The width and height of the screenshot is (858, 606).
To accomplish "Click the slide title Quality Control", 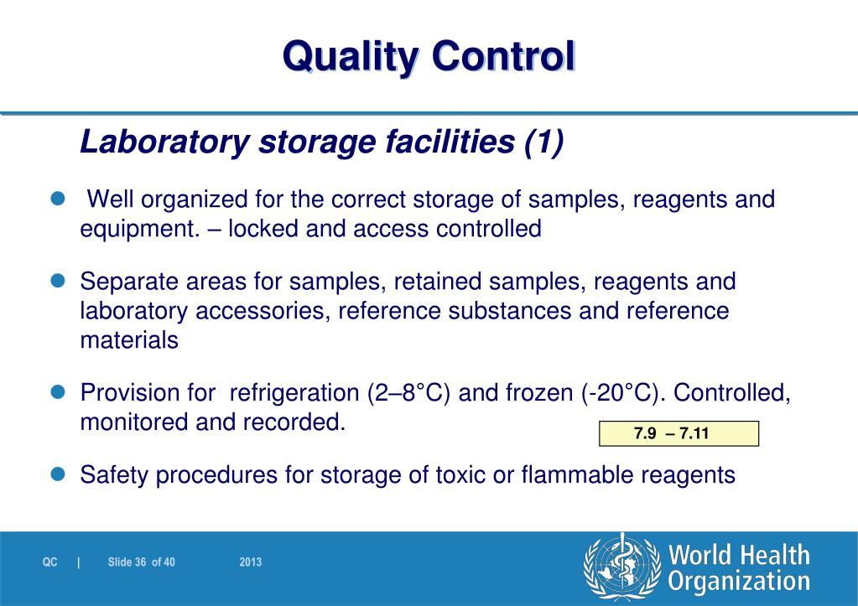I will point(429,57).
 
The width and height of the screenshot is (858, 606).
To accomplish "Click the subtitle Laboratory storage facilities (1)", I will point(322,142).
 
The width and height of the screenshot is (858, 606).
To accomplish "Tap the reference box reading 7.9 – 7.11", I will point(679,433).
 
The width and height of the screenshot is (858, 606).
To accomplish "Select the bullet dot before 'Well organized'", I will point(59,199).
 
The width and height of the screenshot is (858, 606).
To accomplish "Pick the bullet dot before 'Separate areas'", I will point(59,281).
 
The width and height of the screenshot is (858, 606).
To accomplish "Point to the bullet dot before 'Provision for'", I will point(59,391).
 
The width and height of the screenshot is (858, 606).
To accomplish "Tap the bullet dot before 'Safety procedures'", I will point(59,474).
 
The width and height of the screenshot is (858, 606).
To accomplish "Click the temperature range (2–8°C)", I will point(410,392).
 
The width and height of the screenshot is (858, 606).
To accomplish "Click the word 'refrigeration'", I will point(294,392).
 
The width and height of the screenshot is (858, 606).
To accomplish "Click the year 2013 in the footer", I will point(250,562).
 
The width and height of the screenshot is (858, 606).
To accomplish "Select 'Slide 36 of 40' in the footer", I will point(141,562).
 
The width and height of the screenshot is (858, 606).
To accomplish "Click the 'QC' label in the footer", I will point(50,562).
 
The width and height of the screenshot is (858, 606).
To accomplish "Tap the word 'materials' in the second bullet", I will point(129,340).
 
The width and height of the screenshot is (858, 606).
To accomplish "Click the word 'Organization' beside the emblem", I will point(739,582).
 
